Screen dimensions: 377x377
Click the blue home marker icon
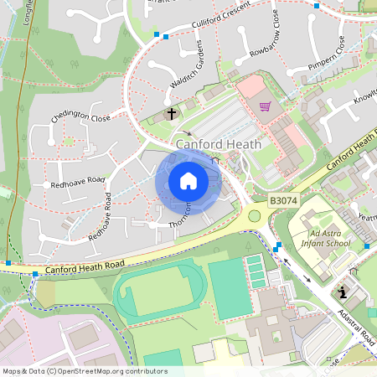pos(188,181)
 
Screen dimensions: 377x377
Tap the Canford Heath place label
pos(219,144)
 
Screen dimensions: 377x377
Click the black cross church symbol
pos(172,113)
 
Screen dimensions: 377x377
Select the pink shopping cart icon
pos(266,106)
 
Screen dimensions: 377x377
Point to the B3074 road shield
pos(282,202)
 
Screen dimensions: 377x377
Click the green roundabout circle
pos(254,216)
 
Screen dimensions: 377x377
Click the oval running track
pos(159,288)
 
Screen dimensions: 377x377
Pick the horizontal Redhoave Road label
pos(77,180)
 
